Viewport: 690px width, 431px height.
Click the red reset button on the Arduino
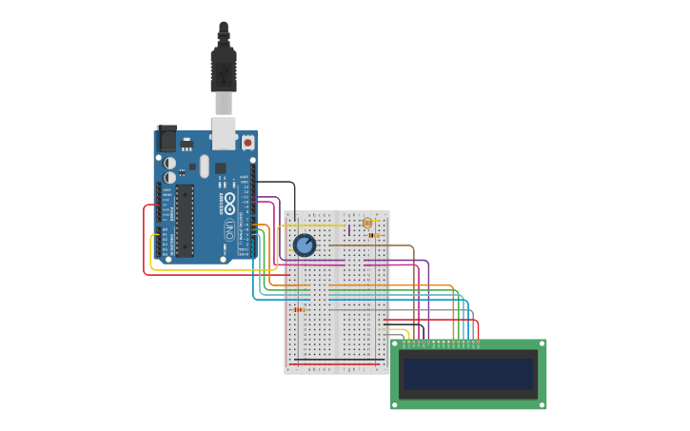click(x=247, y=143)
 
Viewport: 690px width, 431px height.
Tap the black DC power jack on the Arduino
click(x=167, y=139)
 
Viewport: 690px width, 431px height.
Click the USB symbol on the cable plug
click(x=224, y=72)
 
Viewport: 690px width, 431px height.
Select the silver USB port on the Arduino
click(x=224, y=133)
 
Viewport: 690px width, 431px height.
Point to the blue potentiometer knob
click(x=304, y=245)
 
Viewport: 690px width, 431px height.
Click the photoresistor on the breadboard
click(x=367, y=223)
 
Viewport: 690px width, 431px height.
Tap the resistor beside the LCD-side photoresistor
click(x=373, y=235)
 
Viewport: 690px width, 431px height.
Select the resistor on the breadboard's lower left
click(x=299, y=309)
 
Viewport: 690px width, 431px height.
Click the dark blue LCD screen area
click(x=468, y=373)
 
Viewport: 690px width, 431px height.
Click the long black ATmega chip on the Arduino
click(x=185, y=221)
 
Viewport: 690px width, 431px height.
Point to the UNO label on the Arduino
click(x=229, y=229)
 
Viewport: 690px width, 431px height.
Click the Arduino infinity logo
click(x=229, y=203)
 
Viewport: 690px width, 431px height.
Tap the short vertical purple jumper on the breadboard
click(x=349, y=229)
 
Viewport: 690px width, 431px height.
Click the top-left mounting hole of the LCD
click(x=395, y=343)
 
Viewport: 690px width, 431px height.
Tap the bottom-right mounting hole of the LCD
click(x=542, y=404)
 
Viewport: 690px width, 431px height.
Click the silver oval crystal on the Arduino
click(x=204, y=167)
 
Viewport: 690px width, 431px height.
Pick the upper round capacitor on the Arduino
click(x=169, y=163)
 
